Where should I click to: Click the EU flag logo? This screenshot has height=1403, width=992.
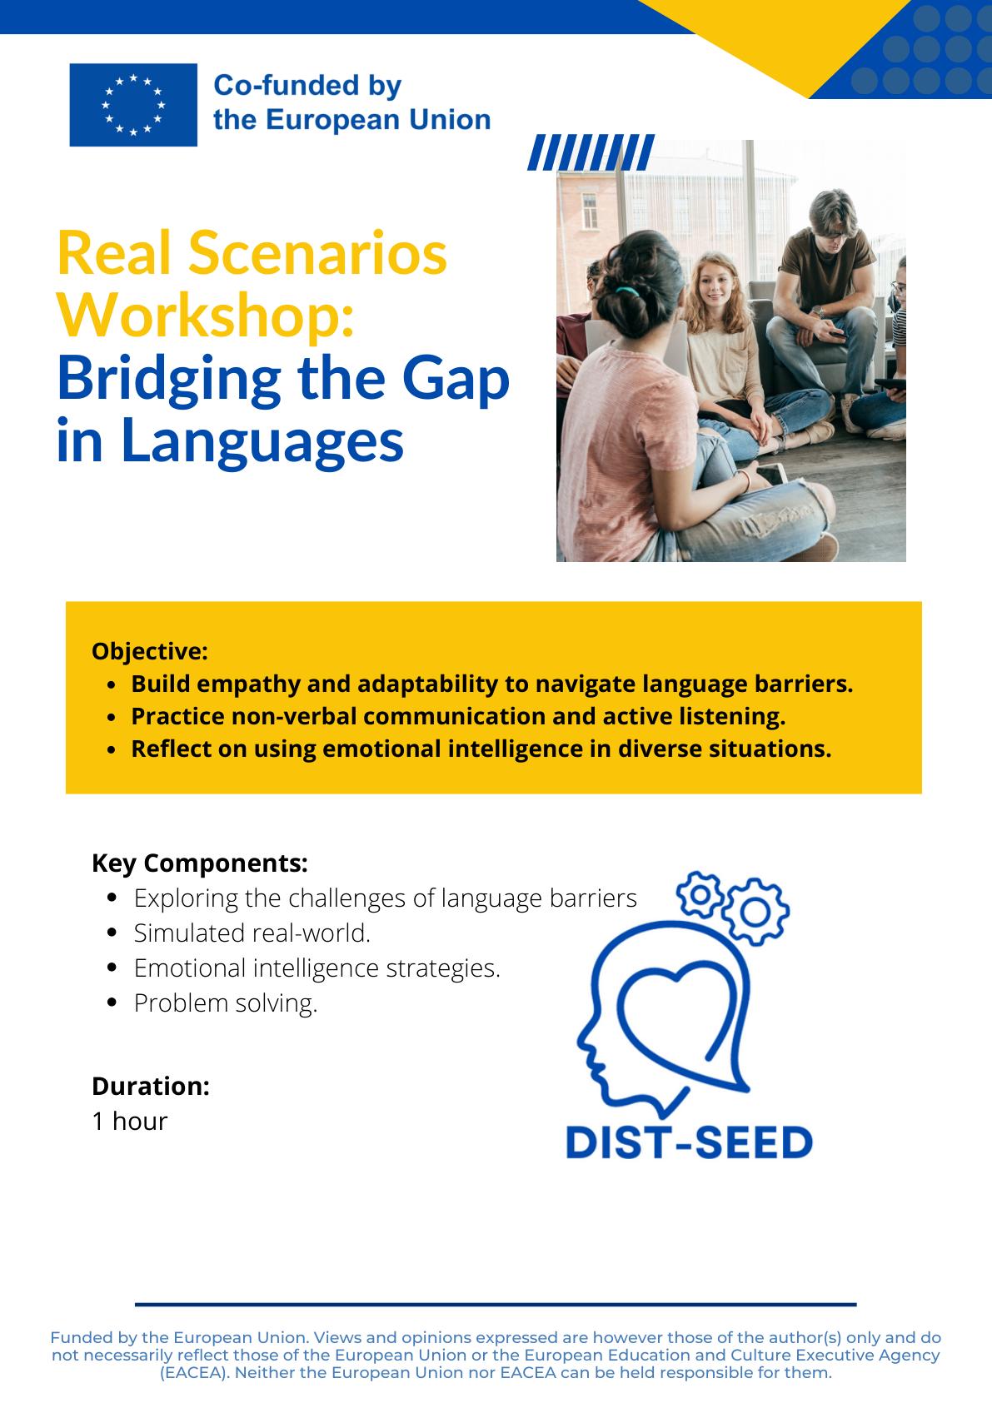133,105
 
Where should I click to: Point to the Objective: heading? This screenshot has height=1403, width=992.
150,651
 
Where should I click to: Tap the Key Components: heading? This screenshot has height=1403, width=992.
200,863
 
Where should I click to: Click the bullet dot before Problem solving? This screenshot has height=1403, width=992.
112,1002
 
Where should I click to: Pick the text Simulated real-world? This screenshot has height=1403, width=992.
252,933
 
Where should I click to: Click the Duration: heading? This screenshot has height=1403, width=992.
151,1086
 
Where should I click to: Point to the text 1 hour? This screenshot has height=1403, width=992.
130,1121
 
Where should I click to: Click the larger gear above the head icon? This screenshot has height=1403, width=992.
755,912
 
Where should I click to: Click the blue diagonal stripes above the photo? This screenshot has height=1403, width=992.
591,152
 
